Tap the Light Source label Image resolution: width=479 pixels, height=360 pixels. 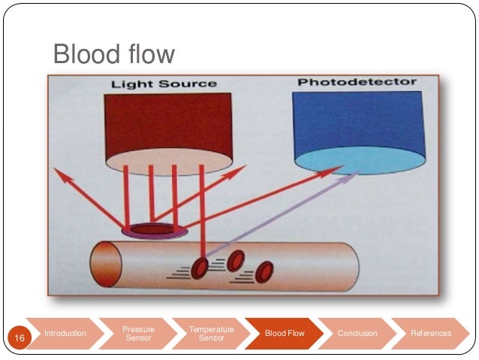coord(164,83)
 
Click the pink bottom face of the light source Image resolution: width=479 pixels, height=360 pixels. coord(163,158)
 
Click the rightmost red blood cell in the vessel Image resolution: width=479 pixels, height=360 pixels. coord(264,272)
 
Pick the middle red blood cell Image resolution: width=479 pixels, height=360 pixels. coord(236,260)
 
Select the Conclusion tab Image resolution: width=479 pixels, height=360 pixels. coord(357,333)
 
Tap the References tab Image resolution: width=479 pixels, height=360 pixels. coord(431,333)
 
